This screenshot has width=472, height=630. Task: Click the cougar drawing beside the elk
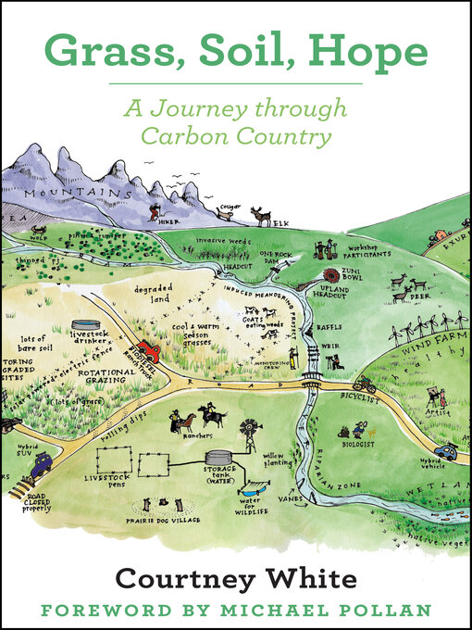[x=225, y=213]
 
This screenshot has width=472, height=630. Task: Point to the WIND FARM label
[x=429, y=342]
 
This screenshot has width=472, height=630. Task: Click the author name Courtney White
[x=235, y=579]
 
